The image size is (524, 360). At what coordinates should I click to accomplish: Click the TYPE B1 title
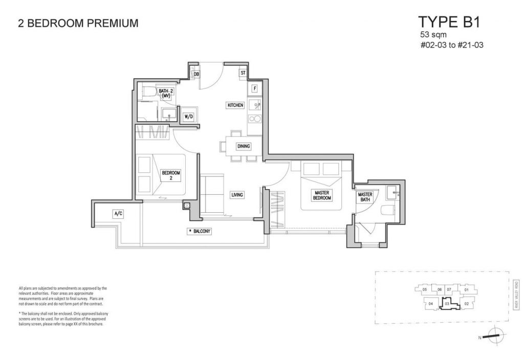(x=449, y=22)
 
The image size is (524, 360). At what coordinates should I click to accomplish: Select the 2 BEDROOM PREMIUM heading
(x=78, y=23)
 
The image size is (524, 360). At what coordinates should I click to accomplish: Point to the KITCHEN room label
(x=235, y=105)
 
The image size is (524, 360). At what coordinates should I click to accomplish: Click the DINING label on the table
(x=244, y=147)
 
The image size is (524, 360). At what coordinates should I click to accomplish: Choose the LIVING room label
(x=237, y=195)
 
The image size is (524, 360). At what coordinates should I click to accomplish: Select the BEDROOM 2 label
(x=170, y=175)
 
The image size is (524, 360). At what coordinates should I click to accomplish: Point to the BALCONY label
(x=200, y=232)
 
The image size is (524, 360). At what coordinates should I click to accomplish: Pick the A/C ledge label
(x=118, y=213)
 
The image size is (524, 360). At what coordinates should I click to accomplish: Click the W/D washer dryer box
(x=189, y=117)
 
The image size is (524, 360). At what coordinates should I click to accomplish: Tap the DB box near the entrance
(x=196, y=75)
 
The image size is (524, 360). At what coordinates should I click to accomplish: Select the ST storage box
(x=243, y=73)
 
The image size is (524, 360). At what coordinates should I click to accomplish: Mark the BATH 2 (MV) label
(x=165, y=93)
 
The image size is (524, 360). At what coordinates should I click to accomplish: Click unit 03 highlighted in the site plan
(x=447, y=303)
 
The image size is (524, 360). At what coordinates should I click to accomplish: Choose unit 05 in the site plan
(x=425, y=290)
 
